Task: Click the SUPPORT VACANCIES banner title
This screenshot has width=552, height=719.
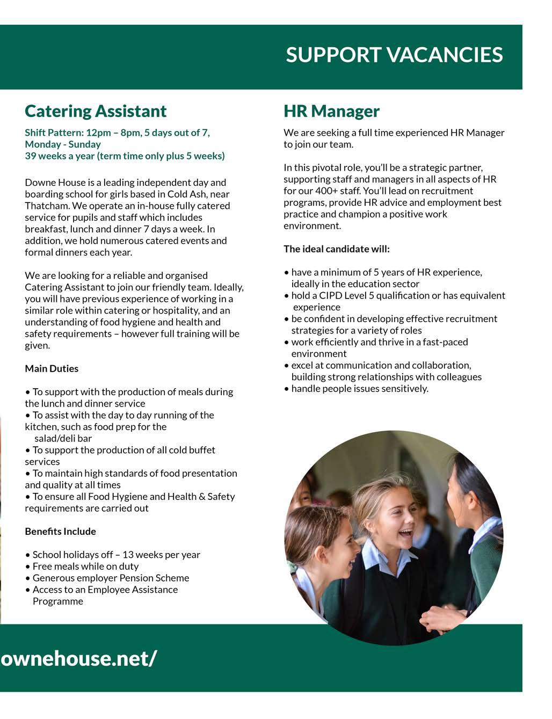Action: (x=394, y=55)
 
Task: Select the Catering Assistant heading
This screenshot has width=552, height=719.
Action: (x=96, y=111)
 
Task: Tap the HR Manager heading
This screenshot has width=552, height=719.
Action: (x=331, y=111)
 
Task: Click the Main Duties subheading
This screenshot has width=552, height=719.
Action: (x=52, y=368)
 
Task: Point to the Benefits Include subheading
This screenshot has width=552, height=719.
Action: (x=60, y=531)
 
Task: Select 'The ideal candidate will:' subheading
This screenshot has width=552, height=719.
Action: (x=337, y=249)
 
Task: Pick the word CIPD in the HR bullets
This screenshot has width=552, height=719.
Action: (x=330, y=295)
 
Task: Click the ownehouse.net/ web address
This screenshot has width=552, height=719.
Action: (x=79, y=658)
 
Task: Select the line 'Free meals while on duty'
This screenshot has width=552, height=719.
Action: (x=85, y=566)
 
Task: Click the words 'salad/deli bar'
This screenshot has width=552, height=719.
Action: (x=63, y=438)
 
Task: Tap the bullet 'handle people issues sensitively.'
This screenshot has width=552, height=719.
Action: (x=359, y=388)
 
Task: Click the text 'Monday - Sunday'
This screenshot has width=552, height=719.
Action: (x=63, y=144)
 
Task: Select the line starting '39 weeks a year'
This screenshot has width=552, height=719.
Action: (x=125, y=156)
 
